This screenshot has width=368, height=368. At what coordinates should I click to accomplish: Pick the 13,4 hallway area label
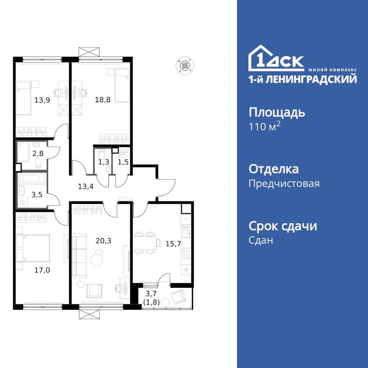click(x=85, y=186)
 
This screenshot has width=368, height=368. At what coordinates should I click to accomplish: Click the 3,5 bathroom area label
click(x=36, y=195)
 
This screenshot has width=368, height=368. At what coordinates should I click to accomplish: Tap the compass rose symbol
click(x=184, y=66)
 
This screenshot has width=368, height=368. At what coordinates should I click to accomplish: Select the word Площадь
click(x=277, y=112)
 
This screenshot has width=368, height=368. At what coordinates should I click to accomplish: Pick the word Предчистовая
click(x=284, y=183)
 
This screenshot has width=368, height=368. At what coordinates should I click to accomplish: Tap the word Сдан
click(x=261, y=240)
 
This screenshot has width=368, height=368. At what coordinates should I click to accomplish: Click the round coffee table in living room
click(x=98, y=259)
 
